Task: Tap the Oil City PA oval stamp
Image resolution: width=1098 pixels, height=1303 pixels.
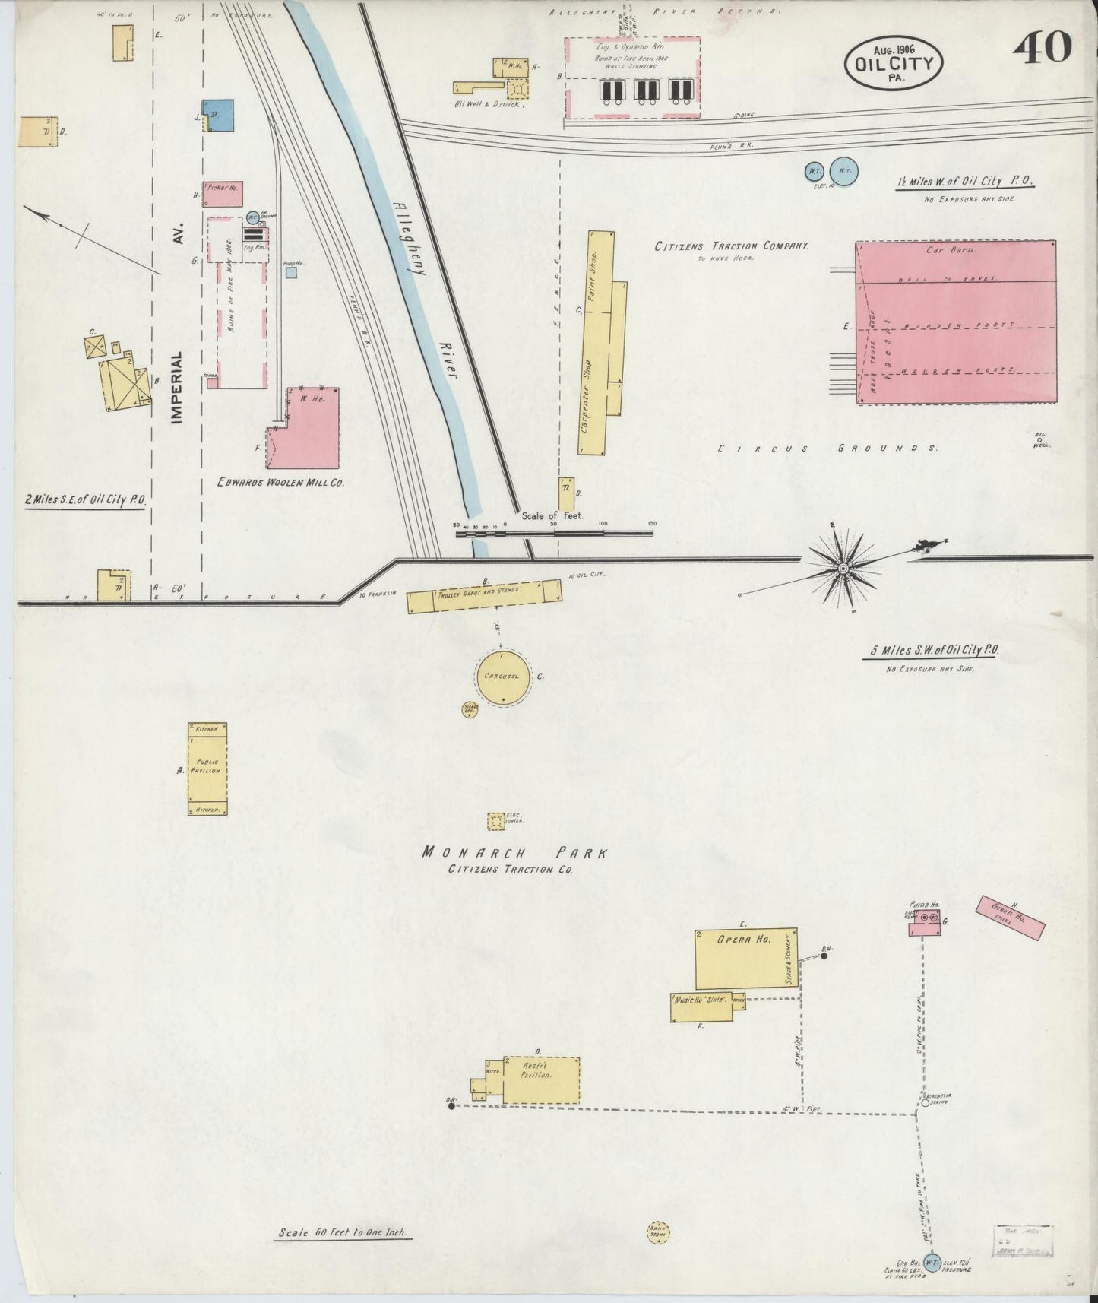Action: click(x=894, y=62)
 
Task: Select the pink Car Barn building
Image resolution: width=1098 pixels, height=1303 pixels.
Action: click(x=956, y=322)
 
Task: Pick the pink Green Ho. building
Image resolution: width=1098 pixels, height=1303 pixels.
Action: click(x=1010, y=918)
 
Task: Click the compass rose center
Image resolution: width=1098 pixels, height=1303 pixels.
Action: click(x=843, y=569)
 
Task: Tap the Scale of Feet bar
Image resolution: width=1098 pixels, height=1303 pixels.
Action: click(x=554, y=533)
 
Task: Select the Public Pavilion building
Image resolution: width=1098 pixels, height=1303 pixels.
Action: click(x=207, y=769)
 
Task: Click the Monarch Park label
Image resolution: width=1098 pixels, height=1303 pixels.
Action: click(x=514, y=852)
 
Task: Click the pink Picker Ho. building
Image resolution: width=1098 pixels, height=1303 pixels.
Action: click(x=223, y=194)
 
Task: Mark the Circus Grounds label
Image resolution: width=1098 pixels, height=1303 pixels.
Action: click(x=827, y=449)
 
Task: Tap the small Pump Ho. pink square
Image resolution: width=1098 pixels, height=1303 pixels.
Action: click(x=925, y=921)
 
